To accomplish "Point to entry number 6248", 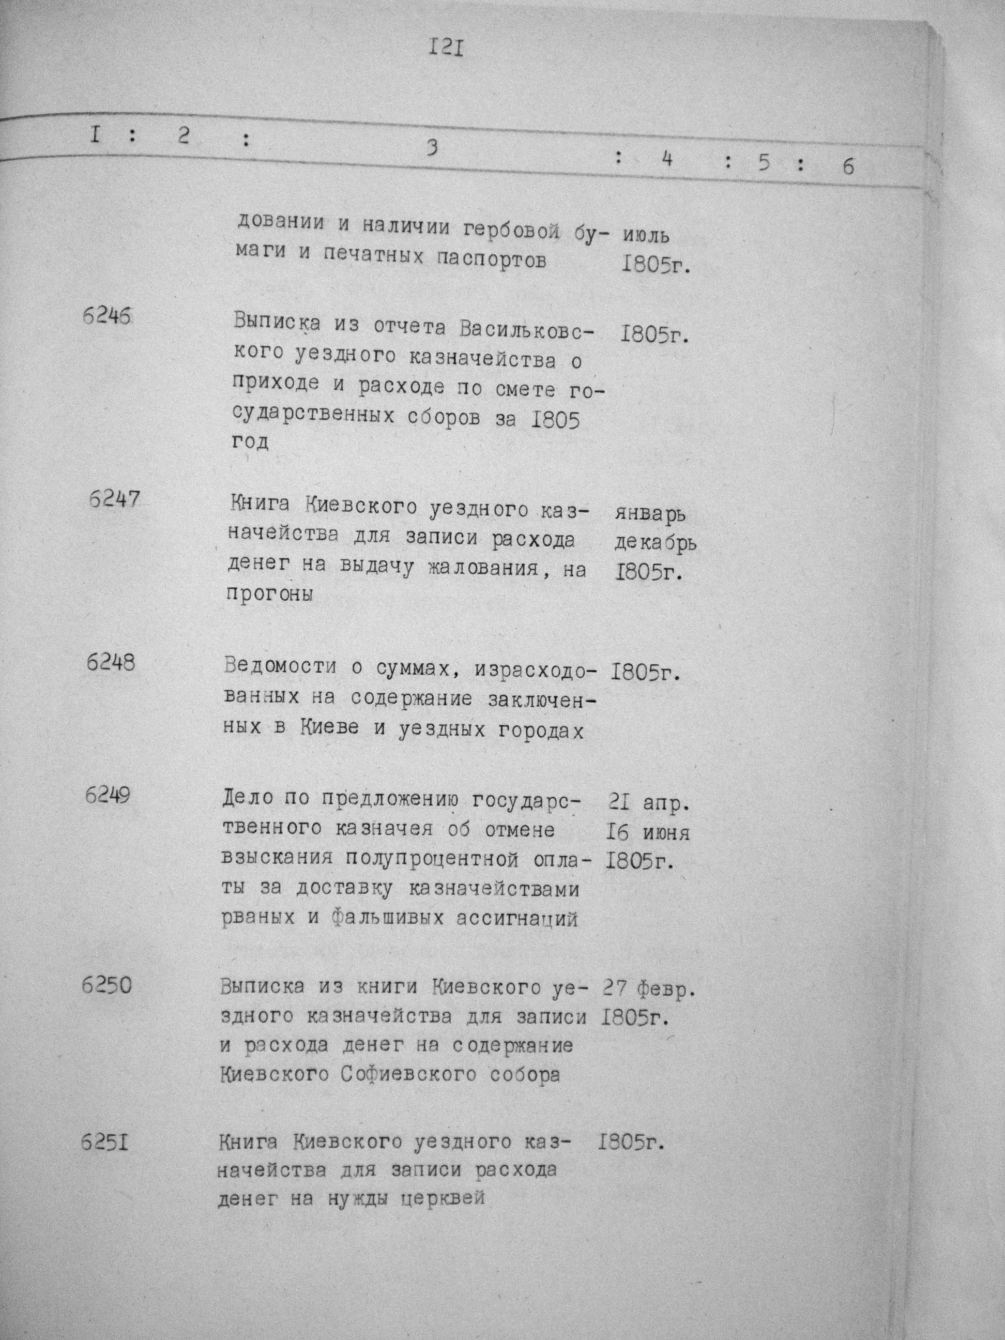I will click(x=110, y=663).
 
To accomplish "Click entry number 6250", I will click(x=106, y=986).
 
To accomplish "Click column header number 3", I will click(x=431, y=148).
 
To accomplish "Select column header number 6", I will click(x=848, y=166).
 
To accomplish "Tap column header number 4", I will click(x=667, y=159).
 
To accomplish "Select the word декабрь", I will click(x=655, y=543).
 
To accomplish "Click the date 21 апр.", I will click(x=647, y=803).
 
